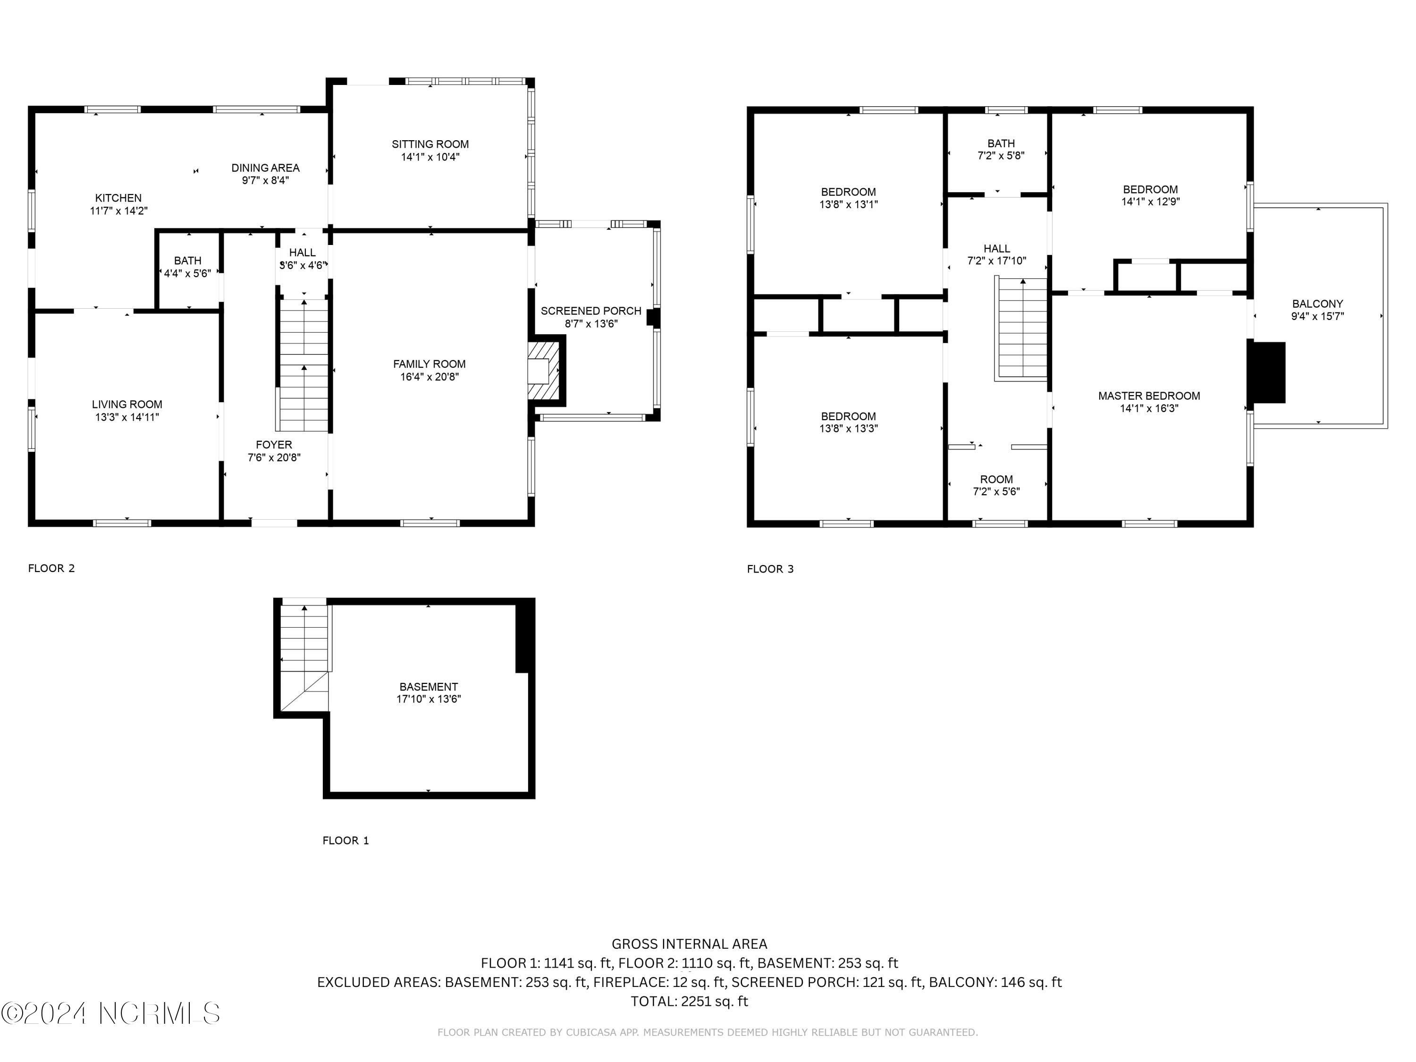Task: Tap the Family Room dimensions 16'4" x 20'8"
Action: click(430, 377)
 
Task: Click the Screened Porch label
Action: click(591, 311)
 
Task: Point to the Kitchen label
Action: click(118, 198)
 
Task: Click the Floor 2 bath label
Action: click(187, 261)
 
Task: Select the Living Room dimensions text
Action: click(127, 417)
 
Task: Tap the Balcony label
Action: click(1317, 304)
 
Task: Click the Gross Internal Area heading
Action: click(690, 944)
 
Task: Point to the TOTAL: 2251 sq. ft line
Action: click(690, 1001)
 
